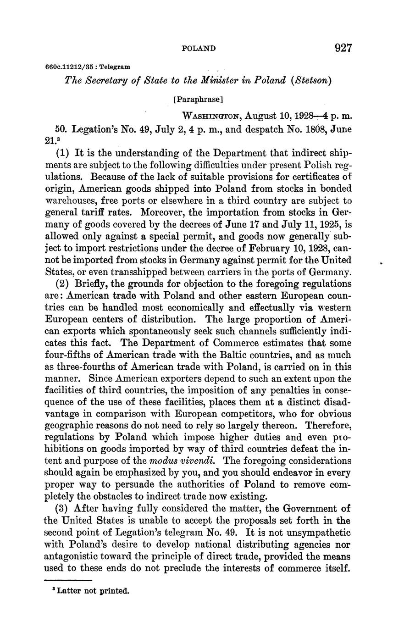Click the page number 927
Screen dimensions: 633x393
(343, 48)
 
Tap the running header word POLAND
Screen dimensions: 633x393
(199, 48)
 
